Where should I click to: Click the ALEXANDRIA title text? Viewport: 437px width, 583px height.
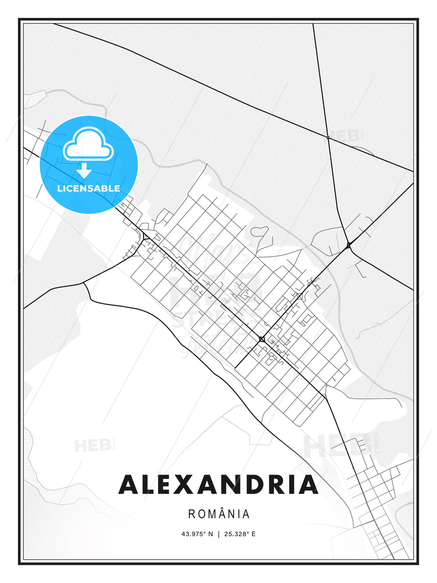[x=218, y=484]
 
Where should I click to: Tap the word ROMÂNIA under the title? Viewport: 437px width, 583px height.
[x=219, y=514]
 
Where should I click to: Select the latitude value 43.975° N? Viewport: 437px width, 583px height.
[x=197, y=534]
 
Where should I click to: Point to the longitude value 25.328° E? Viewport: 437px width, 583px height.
[x=240, y=534]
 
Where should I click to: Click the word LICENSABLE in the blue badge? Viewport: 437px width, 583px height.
[x=89, y=188]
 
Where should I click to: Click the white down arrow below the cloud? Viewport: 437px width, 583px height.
[x=84, y=170]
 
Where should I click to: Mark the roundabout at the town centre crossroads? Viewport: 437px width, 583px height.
[x=262, y=338]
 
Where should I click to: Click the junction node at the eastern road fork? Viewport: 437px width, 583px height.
[x=348, y=245]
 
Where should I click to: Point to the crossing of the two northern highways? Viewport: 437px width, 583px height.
[x=328, y=138]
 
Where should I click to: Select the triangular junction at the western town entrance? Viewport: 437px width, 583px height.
[x=144, y=236]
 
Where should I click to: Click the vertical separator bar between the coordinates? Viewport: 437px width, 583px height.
[x=218, y=534]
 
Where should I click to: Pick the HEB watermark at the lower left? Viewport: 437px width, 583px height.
[x=93, y=446]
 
